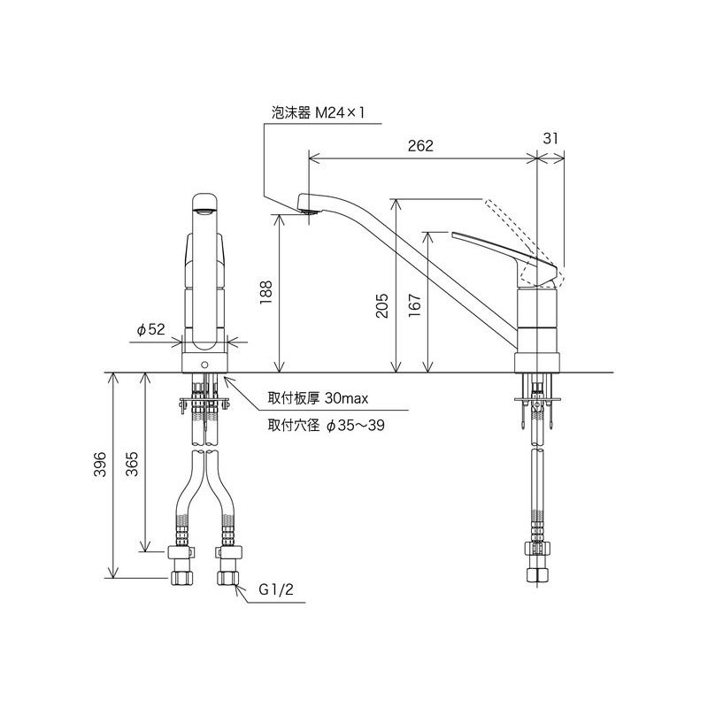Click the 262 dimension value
tap(421, 147)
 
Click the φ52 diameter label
tap(151, 329)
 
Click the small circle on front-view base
tap(204, 365)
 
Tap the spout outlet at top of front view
tap(204, 211)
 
